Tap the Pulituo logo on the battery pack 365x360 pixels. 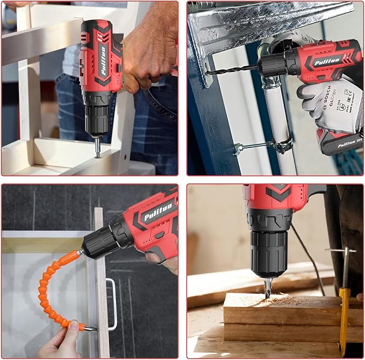click(339, 144)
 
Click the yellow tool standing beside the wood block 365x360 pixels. click(343, 317)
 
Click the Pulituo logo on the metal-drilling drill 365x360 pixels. click(328, 60)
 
